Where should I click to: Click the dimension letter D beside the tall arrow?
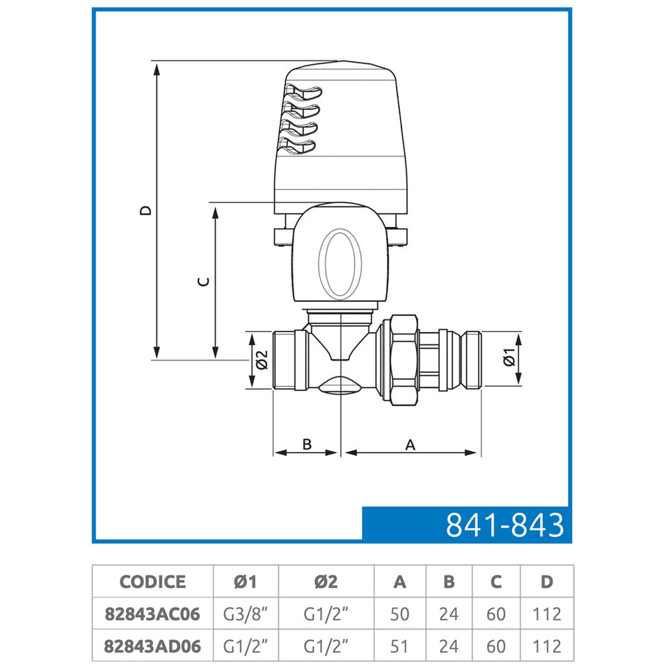click(145, 210)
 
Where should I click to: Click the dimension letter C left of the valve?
click(204, 282)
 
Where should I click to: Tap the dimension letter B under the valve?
click(307, 445)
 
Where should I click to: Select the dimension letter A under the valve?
click(410, 445)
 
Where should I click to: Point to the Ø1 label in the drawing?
click(509, 357)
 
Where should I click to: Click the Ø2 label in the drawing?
click(262, 360)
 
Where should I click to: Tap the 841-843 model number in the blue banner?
click(505, 525)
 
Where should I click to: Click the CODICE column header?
click(152, 582)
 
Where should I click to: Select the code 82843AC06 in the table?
click(152, 614)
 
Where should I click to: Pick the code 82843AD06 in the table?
click(152, 646)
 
